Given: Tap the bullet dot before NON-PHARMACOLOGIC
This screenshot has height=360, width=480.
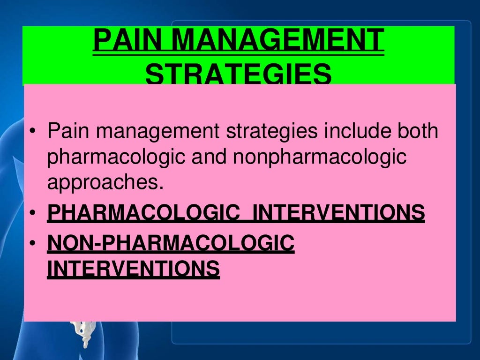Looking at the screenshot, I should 32,244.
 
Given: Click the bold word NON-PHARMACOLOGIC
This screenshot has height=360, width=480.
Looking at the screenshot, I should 171,243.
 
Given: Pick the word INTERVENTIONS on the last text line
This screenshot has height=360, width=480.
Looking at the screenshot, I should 133,269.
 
